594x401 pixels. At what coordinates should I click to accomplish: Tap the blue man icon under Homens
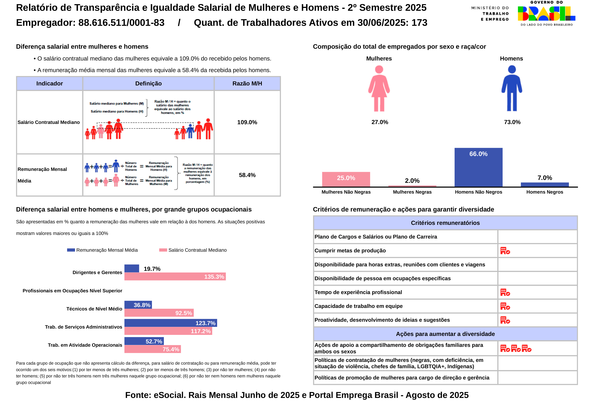tap(511, 88)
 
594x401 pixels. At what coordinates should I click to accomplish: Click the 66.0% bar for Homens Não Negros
tap(478, 167)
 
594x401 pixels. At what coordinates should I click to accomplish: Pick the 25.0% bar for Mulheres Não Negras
tap(346, 179)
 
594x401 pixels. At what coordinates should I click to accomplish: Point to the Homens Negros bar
tap(545, 185)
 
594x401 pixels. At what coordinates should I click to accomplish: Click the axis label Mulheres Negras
tap(412, 192)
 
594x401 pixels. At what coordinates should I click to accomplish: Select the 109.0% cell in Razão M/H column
tap(247, 122)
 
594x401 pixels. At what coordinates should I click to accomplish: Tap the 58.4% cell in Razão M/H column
tap(247, 175)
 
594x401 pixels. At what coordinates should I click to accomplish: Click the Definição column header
tap(148, 84)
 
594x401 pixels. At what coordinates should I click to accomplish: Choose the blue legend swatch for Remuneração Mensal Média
tap(71, 250)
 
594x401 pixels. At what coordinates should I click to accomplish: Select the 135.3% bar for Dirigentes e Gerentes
tap(175, 277)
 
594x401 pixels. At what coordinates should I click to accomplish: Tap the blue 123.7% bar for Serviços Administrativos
tap(170, 323)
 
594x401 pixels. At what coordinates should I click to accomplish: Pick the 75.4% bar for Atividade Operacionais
tap(152, 349)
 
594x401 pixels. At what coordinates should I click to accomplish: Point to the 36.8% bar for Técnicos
tap(138, 305)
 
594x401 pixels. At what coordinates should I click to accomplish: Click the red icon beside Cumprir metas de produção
tap(505, 251)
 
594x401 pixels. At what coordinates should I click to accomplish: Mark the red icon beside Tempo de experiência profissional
tap(505, 292)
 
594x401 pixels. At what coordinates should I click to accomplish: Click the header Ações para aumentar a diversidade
tap(445, 334)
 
